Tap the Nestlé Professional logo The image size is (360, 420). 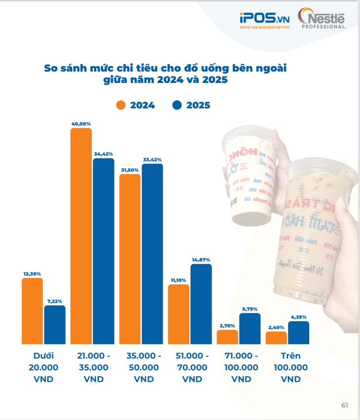(x=322, y=20)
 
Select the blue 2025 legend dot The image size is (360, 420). (x=176, y=105)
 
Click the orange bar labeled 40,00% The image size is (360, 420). (x=81, y=236)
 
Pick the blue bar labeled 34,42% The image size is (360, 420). (x=103, y=251)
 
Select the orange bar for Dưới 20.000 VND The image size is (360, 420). (x=32, y=311)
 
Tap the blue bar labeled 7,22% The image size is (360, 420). (x=55, y=325)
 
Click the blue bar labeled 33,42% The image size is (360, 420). (x=152, y=254)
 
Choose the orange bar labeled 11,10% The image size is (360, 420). (x=179, y=314)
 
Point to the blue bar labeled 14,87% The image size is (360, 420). (x=201, y=304)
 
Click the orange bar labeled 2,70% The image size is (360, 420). (x=228, y=337)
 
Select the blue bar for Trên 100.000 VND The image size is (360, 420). (x=299, y=332)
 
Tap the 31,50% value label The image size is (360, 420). (x=130, y=170)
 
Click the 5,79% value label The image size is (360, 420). (x=250, y=309)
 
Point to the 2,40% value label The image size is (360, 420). (x=276, y=327)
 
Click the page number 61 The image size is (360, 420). (x=345, y=405)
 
